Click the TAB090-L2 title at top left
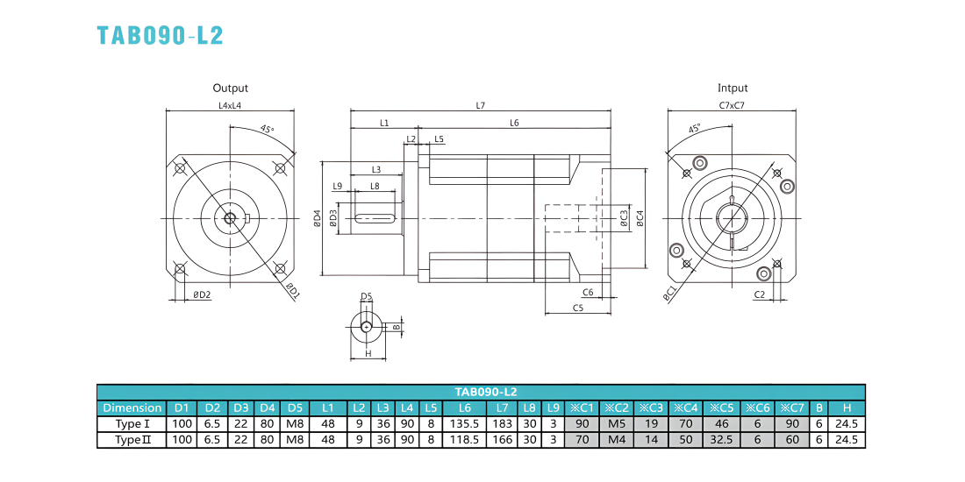pos(160,35)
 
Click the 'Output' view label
pos(230,89)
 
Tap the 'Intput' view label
pos(733,89)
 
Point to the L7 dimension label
pos(481,105)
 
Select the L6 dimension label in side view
pos(514,123)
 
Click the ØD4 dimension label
pos(317,218)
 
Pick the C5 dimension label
pos(578,307)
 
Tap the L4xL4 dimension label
pos(230,105)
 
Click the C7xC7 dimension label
pos(733,105)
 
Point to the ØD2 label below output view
pos(202,294)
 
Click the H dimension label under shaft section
pos(368,353)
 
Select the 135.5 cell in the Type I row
pos(465,423)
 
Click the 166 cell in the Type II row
pos(502,440)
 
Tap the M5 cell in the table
pos(617,423)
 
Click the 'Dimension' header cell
pos(132,408)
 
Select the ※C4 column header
pos(686,408)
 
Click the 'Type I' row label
pos(132,423)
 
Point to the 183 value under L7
pos(502,423)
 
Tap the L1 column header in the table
pos(328,408)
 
